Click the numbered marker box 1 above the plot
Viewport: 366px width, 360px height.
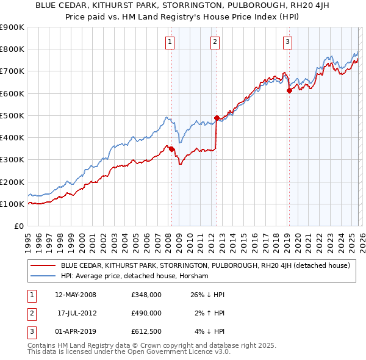tap(169, 42)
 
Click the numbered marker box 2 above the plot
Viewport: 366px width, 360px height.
tap(215, 42)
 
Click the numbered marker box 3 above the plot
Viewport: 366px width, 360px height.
tap(287, 42)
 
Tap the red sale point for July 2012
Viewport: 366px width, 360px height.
tap(217, 118)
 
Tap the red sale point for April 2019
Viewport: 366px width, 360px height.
tap(289, 91)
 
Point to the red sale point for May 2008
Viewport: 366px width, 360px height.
tap(171, 149)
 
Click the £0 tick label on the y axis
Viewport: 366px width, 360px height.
tap(18, 226)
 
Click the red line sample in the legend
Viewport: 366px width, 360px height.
tap(43, 265)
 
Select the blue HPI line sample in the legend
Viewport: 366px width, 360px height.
tap(43, 276)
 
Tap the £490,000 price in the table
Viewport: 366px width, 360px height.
tap(146, 313)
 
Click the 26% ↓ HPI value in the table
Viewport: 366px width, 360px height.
tap(208, 295)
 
